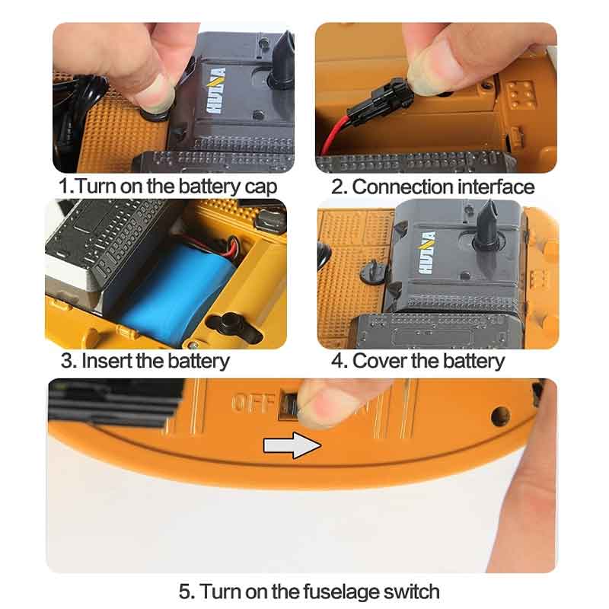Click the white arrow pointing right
292,445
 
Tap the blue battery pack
175,292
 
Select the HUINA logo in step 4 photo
426,253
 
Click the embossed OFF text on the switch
253,403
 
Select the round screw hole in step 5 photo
500,416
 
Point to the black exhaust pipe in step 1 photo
283,60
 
